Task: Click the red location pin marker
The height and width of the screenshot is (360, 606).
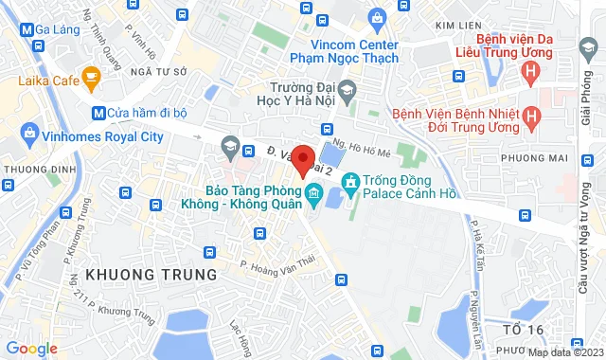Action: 302,160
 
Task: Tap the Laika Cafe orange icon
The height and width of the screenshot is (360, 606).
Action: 92,76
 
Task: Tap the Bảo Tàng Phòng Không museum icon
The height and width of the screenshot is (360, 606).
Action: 313,195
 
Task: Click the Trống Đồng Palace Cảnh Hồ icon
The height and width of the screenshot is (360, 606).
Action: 349,180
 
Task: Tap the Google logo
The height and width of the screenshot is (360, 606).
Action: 31,349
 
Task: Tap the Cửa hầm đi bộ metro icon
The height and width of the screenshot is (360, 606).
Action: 98,113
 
